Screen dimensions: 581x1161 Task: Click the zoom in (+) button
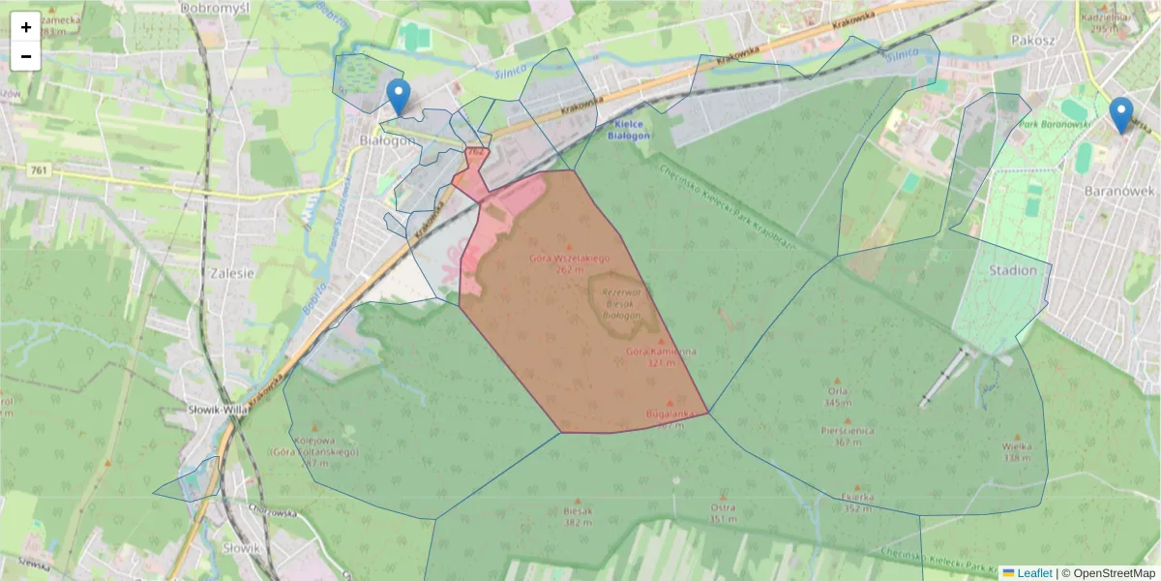click(26, 27)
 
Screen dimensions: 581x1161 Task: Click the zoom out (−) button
click(26, 56)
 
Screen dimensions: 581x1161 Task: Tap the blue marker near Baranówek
click(1121, 115)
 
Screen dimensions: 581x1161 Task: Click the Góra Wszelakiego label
click(568, 259)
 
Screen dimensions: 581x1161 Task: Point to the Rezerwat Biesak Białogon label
click(622, 303)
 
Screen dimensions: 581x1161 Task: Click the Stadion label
click(1013, 270)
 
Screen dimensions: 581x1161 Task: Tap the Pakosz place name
click(1030, 41)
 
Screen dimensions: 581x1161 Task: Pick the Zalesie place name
click(231, 273)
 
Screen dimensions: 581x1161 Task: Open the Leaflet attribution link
click(1033, 573)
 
